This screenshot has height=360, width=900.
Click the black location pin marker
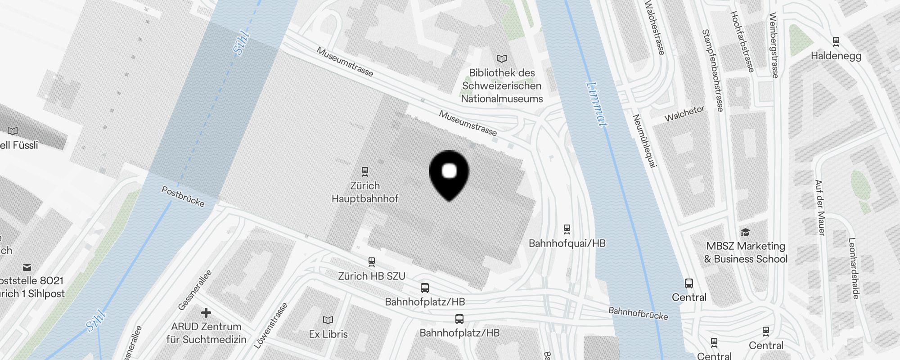click(x=449, y=173)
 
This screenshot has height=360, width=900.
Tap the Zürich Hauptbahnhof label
click(x=365, y=192)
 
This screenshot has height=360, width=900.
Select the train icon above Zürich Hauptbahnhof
click(x=365, y=171)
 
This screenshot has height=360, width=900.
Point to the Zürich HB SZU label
click(x=372, y=276)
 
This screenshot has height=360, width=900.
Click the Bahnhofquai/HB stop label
click(x=567, y=243)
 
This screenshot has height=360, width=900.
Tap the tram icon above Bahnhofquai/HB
click(x=567, y=229)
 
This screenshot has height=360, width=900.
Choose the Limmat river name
click(x=597, y=104)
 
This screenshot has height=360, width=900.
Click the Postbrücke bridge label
click(x=183, y=197)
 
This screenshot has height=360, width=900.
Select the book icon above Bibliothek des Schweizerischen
click(x=502, y=58)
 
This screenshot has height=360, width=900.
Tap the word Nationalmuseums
click(x=502, y=99)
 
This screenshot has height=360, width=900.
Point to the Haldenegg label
click(x=836, y=56)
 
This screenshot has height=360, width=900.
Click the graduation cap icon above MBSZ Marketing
click(x=745, y=232)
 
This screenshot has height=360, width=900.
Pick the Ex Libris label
click(x=328, y=334)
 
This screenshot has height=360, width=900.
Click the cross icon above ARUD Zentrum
click(x=206, y=312)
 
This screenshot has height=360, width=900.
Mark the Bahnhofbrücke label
click(x=638, y=313)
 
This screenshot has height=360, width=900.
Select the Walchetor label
click(x=684, y=114)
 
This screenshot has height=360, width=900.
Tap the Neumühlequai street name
click(x=644, y=141)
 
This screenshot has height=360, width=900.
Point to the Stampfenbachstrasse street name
click(x=713, y=71)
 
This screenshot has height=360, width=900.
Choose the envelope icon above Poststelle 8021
click(x=27, y=267)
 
